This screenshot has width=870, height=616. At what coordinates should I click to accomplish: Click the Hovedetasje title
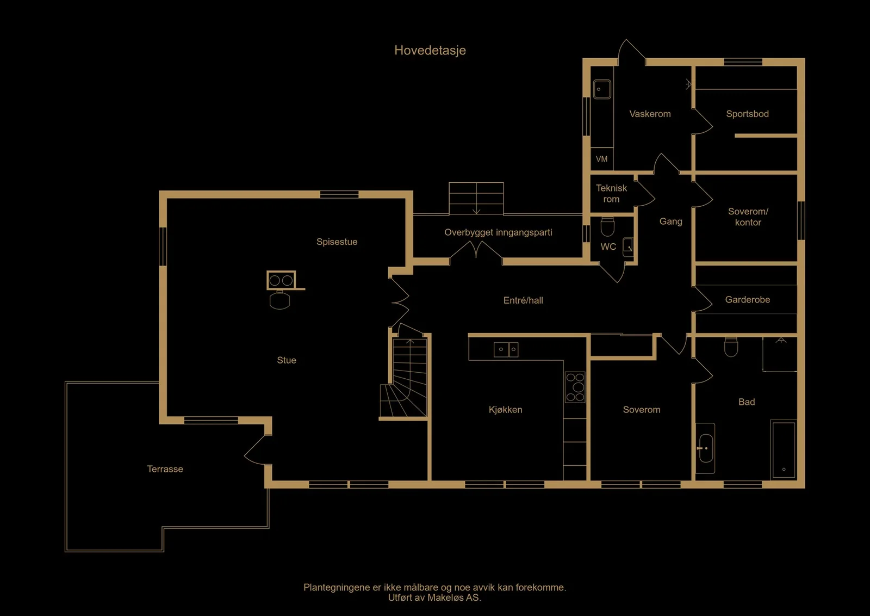430,51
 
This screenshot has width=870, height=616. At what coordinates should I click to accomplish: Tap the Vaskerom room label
650,114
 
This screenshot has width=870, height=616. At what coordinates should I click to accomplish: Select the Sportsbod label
747,114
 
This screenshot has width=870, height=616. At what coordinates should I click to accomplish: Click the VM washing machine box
601,159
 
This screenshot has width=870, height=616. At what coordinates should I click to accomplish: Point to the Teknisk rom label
611,194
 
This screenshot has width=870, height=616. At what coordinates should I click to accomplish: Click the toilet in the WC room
607,226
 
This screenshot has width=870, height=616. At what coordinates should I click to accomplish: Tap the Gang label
671,221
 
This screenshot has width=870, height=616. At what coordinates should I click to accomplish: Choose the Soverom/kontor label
748,217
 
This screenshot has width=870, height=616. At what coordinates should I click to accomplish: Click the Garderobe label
748,300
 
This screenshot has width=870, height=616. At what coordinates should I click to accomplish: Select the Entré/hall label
523,300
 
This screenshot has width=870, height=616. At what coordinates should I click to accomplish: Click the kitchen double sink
506,349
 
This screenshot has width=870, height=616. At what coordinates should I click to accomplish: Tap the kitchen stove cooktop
575,387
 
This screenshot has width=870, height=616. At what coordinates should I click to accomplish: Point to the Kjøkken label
505,410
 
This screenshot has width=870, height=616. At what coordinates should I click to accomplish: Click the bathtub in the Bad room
784,449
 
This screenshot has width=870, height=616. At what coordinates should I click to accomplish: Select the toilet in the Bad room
731,347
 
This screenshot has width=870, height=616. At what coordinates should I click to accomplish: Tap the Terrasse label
165,469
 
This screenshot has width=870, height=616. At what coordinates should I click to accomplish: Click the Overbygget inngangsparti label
498,232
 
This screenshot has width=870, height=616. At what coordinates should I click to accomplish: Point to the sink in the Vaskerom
602,89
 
